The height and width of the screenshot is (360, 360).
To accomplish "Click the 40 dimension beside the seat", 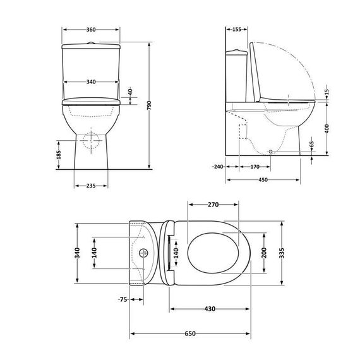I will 131,92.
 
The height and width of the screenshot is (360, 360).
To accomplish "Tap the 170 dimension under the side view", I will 255,167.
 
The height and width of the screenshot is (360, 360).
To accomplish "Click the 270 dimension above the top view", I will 213,205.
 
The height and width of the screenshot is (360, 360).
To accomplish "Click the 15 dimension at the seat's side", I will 328,92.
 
